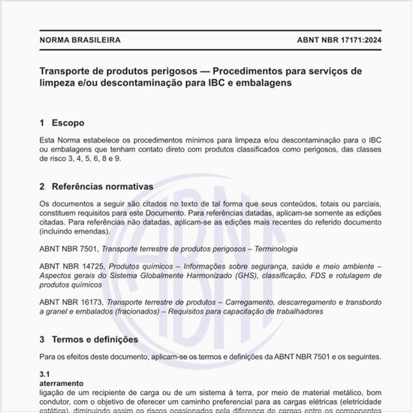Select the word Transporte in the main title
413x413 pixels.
point(69,71)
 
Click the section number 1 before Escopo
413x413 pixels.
point(42,122)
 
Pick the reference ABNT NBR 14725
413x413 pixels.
point(71,267)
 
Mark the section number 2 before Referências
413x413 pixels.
point(42,185)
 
